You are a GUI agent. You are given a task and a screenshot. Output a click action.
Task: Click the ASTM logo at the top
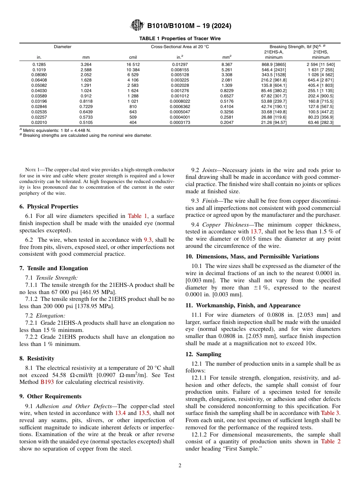(x=137, y=25)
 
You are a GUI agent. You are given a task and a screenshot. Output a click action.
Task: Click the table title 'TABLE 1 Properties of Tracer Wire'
(x=180, y=39)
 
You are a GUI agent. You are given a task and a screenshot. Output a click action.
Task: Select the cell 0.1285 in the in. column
(x=39, y=64)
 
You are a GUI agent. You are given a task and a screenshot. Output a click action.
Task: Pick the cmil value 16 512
(x=133, y=64)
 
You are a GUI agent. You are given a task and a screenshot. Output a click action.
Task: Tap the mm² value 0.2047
(x=227, y=123)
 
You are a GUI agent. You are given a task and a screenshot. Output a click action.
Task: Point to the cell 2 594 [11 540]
(x=321, y=64)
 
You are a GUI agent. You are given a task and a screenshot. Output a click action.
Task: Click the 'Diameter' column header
(x=63, y=47)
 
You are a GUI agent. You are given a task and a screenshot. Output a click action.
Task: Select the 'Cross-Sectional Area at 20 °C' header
(x=180, y=47)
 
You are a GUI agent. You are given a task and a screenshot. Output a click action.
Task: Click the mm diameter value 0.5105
(x=86, y=123)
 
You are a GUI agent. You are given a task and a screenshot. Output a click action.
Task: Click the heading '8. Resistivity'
(x=37, y=358)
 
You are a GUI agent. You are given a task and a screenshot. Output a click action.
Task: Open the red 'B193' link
(x=47, y=382)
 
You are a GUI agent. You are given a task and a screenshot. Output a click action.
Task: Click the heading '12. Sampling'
(x=203, y=354)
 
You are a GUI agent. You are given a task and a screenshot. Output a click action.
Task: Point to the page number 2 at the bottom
(x=180, y=466)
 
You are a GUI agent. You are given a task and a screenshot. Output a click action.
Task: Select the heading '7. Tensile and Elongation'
(x=53, y=268)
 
